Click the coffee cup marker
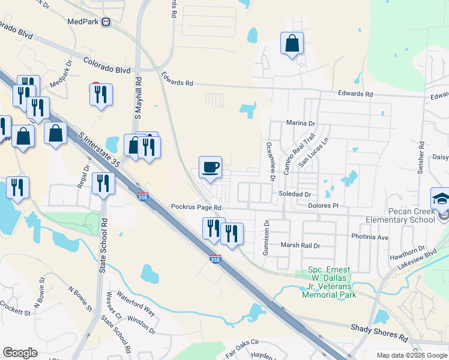pyautogui.click(x=210, y=167)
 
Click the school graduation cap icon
pyautogui.click(x=441, y=199)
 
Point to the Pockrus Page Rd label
pyautogui.click(x=196, y=207)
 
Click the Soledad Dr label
pyautogui.click(x=295, y=194)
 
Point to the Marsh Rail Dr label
pyautogui.click(x=301, y=245)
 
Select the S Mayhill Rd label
pyautogui.click(x=139, y=96)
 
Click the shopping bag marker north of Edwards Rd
pyautogui.click(x=292, y=43)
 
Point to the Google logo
pyautogui.click(x=20, y=352)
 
